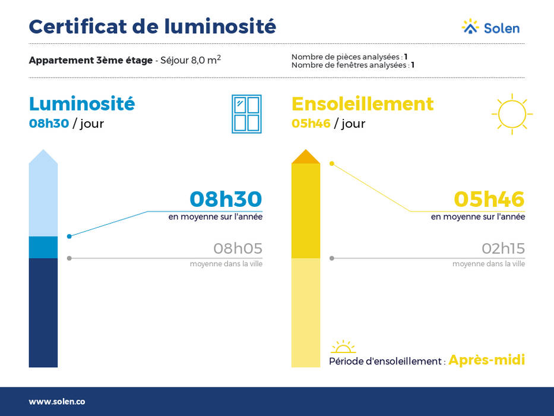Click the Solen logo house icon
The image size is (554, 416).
470,27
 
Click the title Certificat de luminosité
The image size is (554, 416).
152,27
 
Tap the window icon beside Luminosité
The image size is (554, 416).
246,114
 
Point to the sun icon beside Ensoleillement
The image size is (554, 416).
512,114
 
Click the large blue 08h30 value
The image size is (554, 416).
226,199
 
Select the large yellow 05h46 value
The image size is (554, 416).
489,199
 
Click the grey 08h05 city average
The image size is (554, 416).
238,248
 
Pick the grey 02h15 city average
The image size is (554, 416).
503,248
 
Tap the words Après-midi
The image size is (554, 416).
486,360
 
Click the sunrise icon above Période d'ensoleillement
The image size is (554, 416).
343,346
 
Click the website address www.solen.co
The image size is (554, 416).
57,402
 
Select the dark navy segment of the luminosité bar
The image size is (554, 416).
43,313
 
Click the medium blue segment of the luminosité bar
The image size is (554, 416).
43,247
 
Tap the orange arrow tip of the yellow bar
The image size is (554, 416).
306,157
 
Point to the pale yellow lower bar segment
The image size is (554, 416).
306,313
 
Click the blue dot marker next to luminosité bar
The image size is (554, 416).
69,237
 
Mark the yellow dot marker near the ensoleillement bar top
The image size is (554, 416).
332,163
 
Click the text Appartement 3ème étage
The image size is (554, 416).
91,60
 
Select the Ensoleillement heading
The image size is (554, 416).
362,103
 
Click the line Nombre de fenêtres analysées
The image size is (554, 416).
353,65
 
